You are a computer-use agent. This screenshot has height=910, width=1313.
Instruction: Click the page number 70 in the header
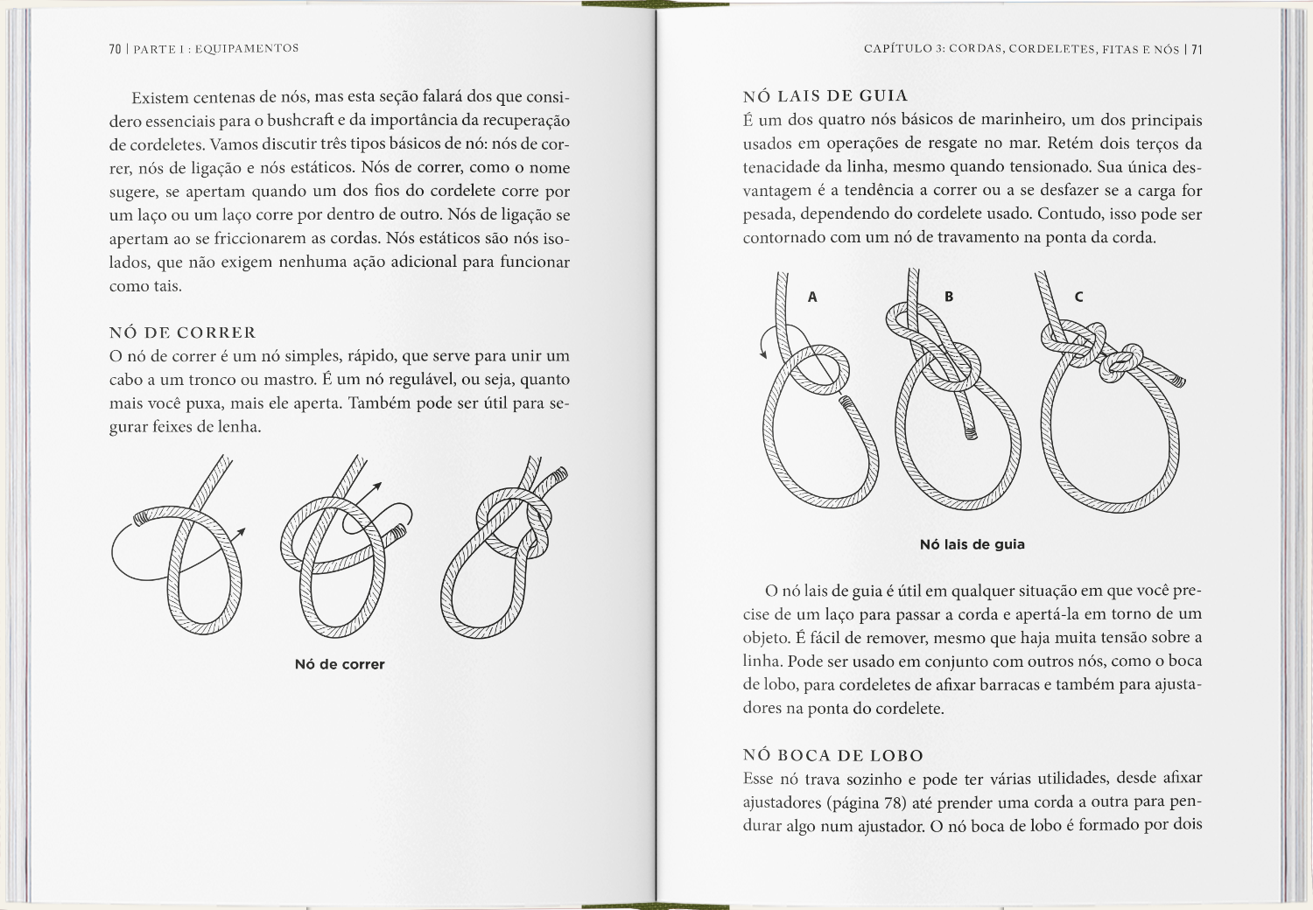[x=116, y=49]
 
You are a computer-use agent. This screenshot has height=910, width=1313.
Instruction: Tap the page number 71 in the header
[x=1197, y=50]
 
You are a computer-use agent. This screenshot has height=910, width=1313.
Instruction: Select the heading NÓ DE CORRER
[x=182, y=332]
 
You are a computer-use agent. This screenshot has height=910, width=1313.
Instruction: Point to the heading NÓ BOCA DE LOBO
[x=833, y=755]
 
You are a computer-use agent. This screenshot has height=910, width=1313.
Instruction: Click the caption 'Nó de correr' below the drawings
[x=340, y=664]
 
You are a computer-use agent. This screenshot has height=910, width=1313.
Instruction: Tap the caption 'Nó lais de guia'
[x=972, y=544]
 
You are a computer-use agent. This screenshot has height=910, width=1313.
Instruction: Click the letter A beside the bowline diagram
[x=812, y=297]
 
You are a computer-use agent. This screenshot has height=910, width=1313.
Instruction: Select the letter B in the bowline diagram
[x=949, y=297]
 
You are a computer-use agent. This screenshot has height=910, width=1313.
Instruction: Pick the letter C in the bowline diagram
[x=1078, y=297]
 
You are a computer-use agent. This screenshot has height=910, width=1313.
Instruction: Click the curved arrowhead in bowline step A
[x=763, y=353]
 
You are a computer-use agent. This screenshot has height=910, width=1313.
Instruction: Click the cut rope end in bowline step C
[x=1178, y=381]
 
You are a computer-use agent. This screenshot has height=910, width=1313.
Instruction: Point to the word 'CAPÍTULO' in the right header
[x=896, y=50]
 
